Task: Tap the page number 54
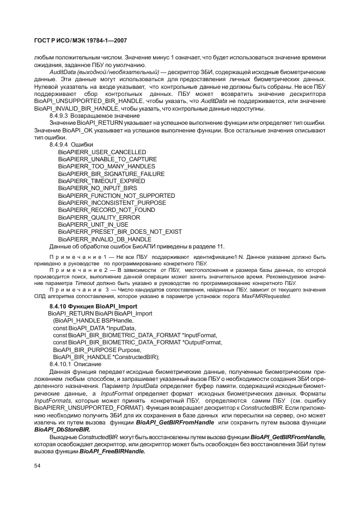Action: click(x=37, y=465)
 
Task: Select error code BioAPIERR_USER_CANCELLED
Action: click(x=102, y=151)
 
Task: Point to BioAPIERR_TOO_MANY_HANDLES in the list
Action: click(x=106, y=166)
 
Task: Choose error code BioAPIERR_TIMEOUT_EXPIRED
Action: click(x=101, y=181)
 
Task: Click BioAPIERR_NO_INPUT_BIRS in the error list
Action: click(x=97, y=188)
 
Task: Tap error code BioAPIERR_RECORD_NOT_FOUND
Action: click(x=106, y=210)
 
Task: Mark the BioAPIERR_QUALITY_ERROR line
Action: click(x=99, y=217)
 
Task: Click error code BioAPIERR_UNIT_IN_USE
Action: click(x=93, y=224)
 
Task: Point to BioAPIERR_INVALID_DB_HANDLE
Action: click(x=105, y=239)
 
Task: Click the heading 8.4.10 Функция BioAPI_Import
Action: click(x=93, y=307)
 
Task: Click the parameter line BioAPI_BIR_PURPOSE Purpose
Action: click(x=97, y=350)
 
